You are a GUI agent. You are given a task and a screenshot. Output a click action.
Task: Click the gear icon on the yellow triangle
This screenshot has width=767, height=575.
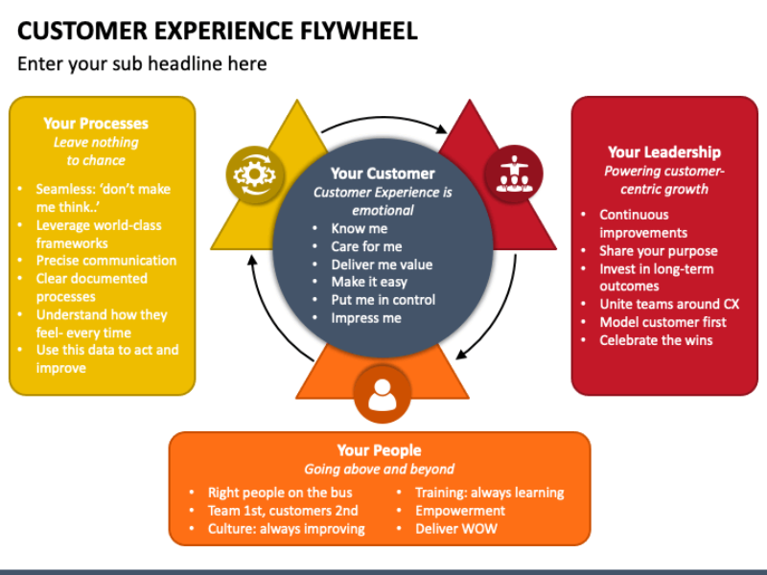(254, 174)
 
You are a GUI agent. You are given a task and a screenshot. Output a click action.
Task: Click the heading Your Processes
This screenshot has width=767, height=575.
(96, 123)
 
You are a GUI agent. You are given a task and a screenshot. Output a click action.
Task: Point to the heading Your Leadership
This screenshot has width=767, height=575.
(663, 151)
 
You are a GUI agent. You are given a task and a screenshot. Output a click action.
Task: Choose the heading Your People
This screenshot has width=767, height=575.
(379, 450)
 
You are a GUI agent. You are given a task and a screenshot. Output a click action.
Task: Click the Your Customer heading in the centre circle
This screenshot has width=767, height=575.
(383, 173)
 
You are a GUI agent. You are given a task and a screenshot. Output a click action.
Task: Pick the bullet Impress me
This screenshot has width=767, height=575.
(366, 317)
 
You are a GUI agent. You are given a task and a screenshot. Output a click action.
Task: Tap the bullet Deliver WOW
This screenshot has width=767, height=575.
(455, 528)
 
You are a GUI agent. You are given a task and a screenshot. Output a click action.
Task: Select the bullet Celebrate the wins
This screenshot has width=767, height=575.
(656, 340)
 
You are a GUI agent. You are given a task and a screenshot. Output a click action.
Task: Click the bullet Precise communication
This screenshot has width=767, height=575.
(106, 260)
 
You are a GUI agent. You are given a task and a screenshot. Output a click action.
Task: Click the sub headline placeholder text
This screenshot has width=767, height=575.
(142, 64)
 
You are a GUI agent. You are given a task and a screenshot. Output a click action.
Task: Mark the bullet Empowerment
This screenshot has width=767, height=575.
(460, 510)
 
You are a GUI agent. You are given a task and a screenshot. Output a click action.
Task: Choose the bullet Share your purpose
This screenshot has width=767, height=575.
(659, 250)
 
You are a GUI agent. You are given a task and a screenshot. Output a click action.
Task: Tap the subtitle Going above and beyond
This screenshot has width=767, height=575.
(379, 470)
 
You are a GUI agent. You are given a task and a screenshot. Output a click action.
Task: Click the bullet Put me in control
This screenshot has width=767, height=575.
(383, 299)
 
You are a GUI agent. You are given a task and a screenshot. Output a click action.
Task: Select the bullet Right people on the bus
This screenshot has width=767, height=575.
(280, 493)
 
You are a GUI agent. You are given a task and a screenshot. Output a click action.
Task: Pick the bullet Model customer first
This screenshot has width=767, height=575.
(662, 322)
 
